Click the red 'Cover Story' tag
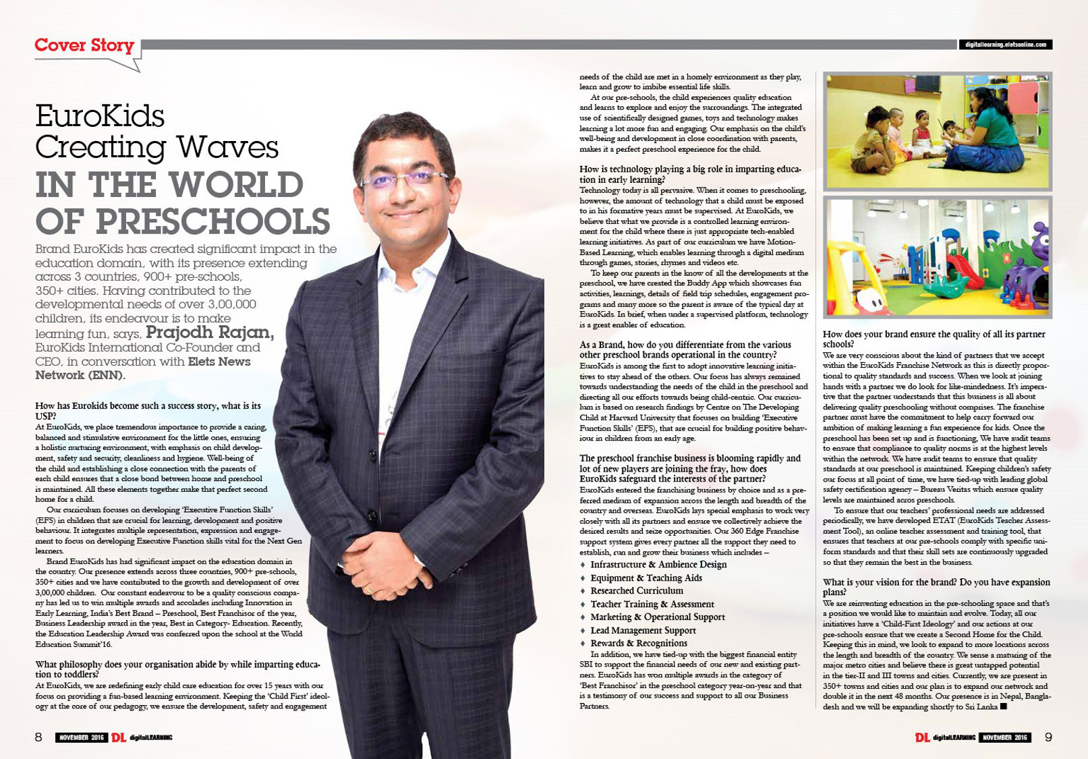point(84,46)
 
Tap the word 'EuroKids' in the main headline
point(100,117)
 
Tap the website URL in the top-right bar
point(1005,45)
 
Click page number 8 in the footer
point(38,737)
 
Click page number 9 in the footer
point(1048,737)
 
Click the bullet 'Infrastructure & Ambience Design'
point(658,564)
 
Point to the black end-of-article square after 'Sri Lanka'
point(1004,706)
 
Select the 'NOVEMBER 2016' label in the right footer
point(1004,737)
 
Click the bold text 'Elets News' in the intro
point(214,361)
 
